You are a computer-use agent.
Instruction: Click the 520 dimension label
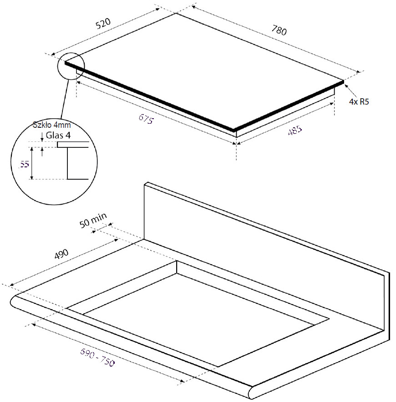pyautogui.click(x=103, y=23)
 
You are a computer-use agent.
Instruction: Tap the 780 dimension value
pyautogui.click(x=279, y=30)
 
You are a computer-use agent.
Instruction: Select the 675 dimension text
pyautogui.click(x=146, y=119)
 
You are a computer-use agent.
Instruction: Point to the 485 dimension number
pyautogui.click(x=295, y=130)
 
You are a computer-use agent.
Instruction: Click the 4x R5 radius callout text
pyautogui.click(x=359, y=102)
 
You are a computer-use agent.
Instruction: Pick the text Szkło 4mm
pyautogui.click(x=51, y=125)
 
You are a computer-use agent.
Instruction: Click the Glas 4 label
pyautogui.click(x=58, y=135)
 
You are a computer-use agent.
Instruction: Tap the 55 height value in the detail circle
pyautogui.click(x=24, y=164)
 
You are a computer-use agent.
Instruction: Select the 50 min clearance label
pyautogui.click(x=93, y=220)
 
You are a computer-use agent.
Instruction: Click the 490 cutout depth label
pyautogui.click(x=61, y=254)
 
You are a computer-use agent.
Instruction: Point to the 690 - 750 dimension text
pyautogui.click(x=97, y=357)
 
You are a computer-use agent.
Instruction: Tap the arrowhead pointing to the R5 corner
pyautogui.click(x=346, y=86)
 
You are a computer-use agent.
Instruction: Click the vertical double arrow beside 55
pyautogui.click(x=31, y=163)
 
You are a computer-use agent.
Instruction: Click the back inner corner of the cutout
pyautogui.click(x=177, y=261)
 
